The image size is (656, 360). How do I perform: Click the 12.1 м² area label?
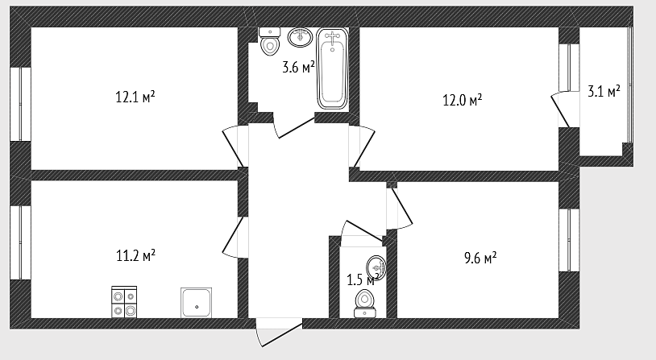click(135, 97)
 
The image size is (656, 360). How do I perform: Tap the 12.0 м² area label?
click(463, 100)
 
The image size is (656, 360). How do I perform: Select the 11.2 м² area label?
click(135, 255)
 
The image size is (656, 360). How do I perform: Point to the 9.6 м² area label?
click(480, 258)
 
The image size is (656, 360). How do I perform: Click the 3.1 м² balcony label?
click(604, 91)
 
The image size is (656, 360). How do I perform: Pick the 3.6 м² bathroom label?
click(298, 67)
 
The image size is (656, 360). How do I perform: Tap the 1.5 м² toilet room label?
click(363, 279)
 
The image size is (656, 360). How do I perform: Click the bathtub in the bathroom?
click(333, 69)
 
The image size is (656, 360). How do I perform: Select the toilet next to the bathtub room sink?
click(269, 41)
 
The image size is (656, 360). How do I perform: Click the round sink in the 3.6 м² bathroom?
click(300, 37)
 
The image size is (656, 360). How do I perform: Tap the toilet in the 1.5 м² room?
click(365, 304)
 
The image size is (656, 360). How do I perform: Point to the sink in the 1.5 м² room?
click(376, 267)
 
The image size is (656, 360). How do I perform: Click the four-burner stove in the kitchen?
click(124, 302)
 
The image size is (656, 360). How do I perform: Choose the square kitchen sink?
click(196, 303)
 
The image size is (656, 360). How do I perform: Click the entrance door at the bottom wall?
click(279, 332)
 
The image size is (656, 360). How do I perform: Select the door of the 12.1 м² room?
click(233, 147)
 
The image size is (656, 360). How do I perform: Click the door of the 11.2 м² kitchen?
click(233, 237)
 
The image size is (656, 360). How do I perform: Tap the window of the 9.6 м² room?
click(569, 240)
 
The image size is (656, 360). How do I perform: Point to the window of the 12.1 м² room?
click(20, 104)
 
